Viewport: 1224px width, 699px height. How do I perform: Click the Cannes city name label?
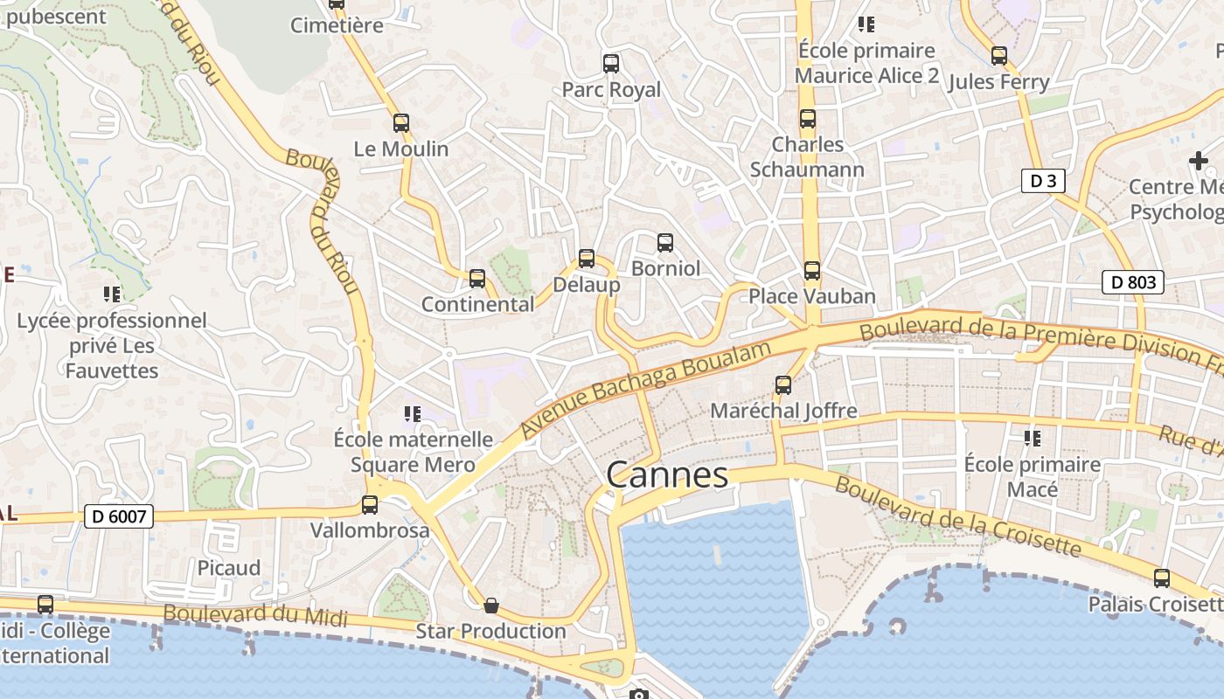[x=667, y=475]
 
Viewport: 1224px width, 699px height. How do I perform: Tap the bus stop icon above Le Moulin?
[x=401, y=123]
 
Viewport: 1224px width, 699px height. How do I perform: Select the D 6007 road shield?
[x=121, y=516]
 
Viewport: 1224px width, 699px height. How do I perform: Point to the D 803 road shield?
[x=1133, y=282]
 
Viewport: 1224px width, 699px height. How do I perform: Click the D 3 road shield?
[x=1043, y=181]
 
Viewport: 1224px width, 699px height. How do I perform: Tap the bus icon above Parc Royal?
[x=611, y=63]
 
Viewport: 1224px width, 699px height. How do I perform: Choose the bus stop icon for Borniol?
[x=665, y=242]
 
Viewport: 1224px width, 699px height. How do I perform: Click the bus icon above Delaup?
[x=587, y=259]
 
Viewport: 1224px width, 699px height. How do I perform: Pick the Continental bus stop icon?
[x=477, y=279]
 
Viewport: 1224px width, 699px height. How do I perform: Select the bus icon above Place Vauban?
[x=812, y=271]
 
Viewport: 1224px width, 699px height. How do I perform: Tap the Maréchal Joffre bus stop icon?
[x=783, y=384]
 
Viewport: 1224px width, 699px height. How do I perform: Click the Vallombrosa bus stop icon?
[x=370, y=504]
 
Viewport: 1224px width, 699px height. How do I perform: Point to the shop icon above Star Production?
[x=491, y=605]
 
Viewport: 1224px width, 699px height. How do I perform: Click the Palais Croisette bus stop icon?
[x=1162, y=578]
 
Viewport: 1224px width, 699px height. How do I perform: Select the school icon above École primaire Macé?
[x=1033, y=438]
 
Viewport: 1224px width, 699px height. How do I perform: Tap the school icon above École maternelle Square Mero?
[x=413, y=413]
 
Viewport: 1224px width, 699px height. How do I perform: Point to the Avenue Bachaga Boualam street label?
[x=646, y=390]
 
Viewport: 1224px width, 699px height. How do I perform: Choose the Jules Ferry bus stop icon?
[x=999, y=56]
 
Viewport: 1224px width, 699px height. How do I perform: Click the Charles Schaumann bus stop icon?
[x=808, y=119]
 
